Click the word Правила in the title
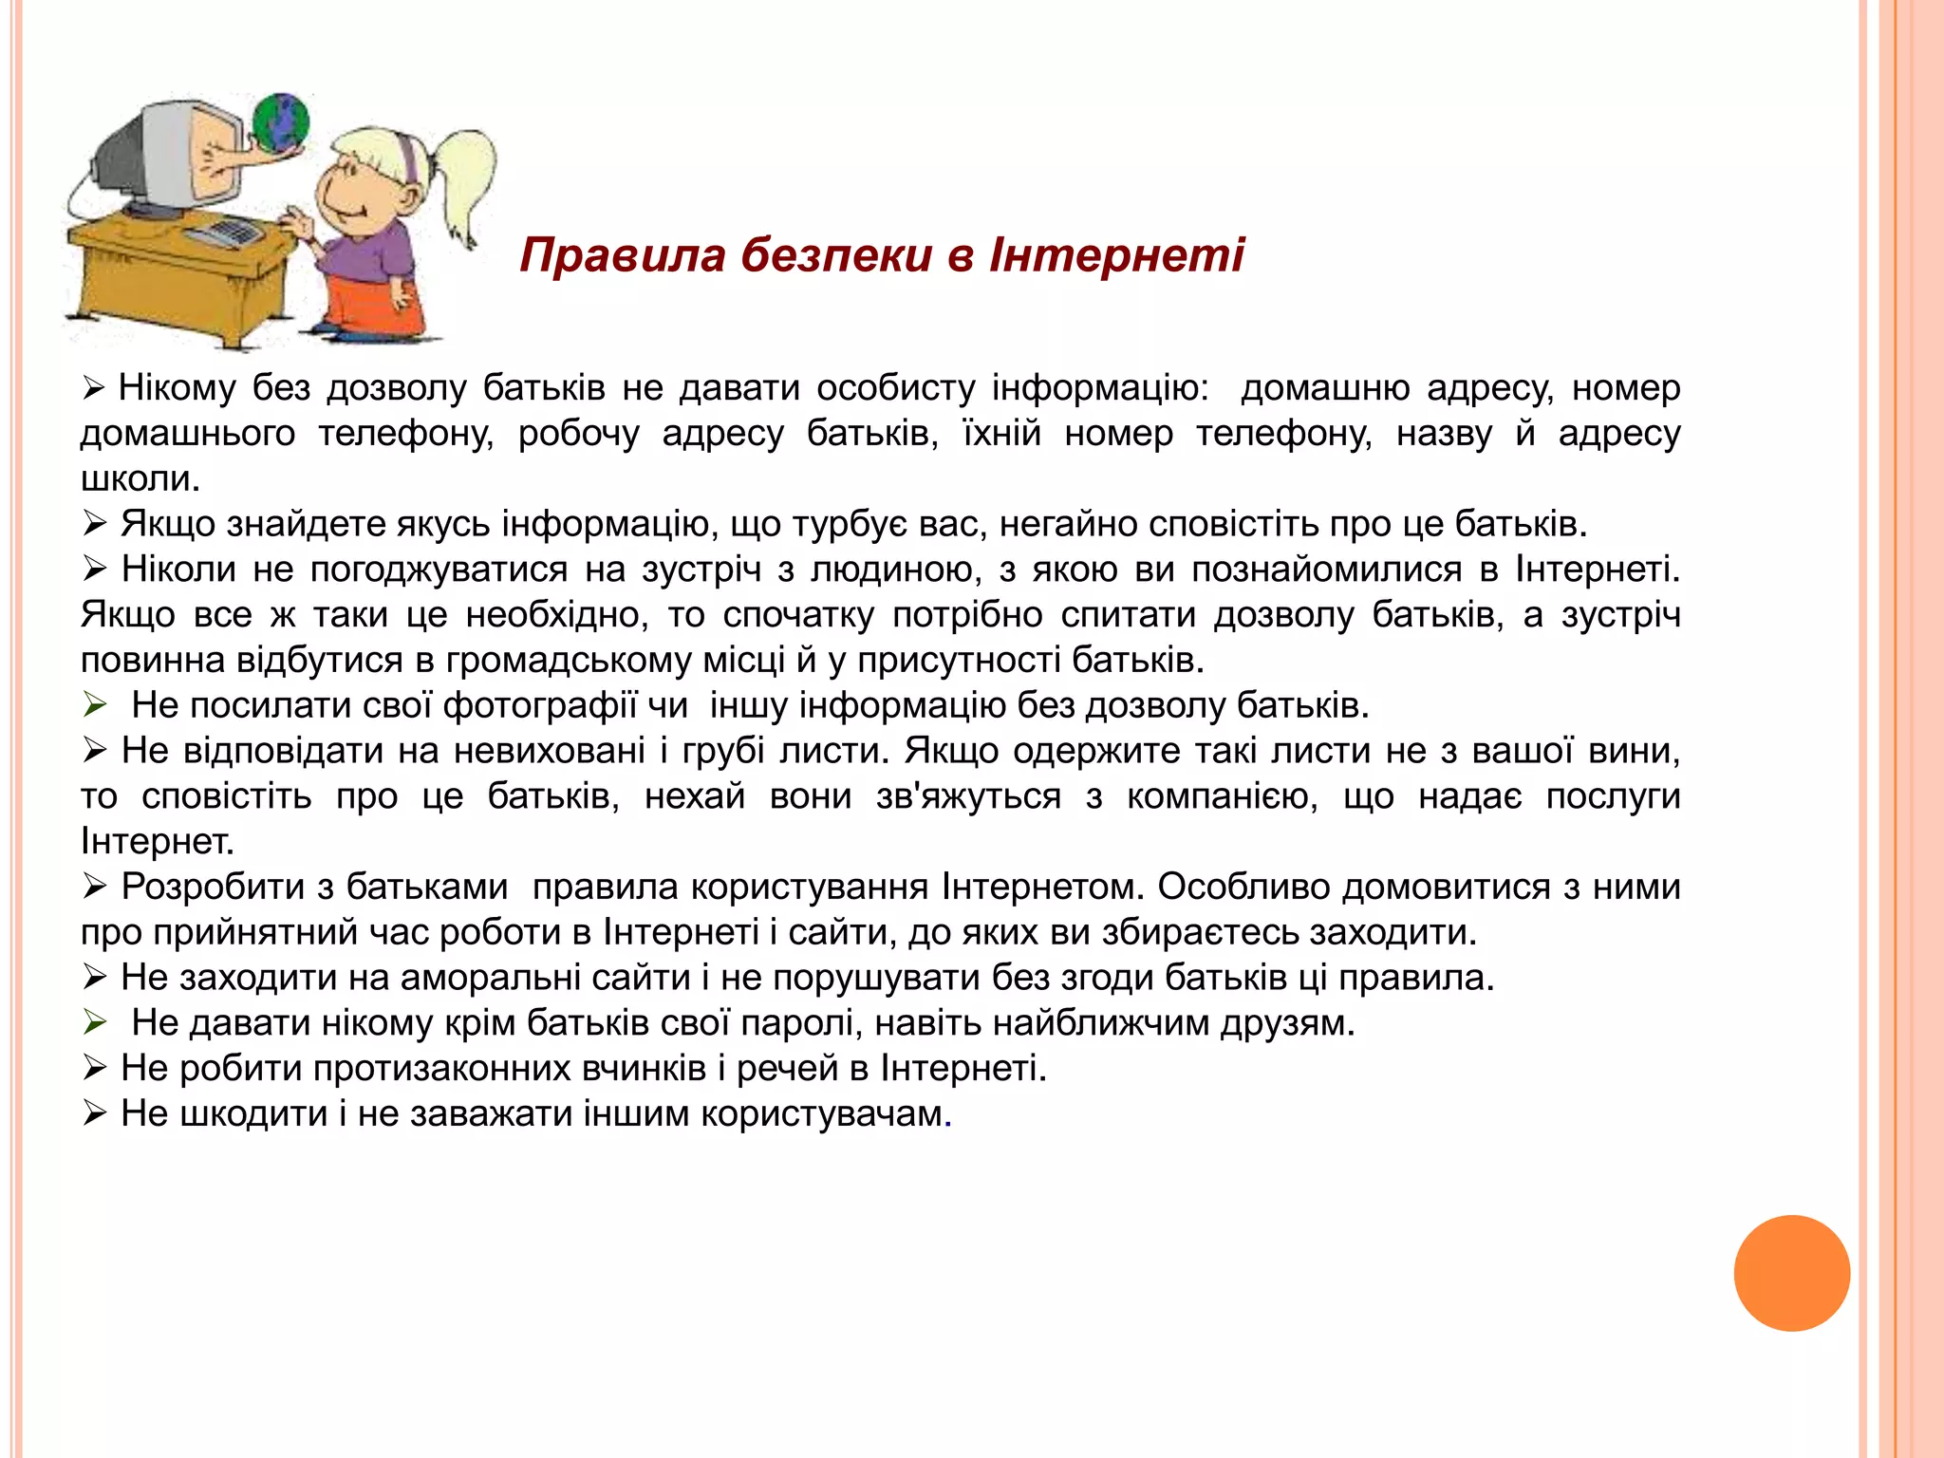[623, 256]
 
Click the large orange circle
[1791, 1273]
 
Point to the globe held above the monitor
[281, 122]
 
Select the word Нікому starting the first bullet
[178, 388]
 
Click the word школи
[139, 478]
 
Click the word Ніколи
[178, 570]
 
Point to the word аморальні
[490, 978]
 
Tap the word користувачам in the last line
[822, 1114]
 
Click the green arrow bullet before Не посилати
[94, 705]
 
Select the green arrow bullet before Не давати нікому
[94, 1023]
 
